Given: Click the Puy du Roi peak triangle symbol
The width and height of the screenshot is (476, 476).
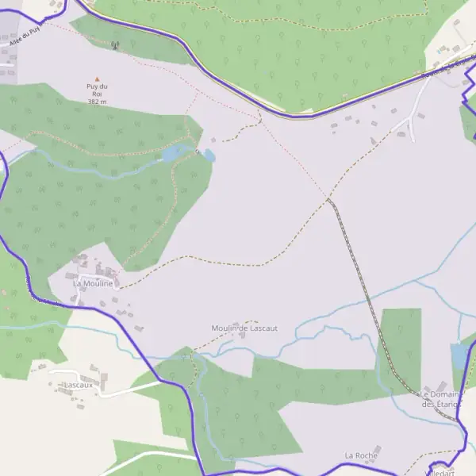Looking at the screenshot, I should tap(98, 79).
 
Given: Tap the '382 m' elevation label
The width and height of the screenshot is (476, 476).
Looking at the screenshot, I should tap(97, 102).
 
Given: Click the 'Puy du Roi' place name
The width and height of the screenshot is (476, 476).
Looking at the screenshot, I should tap(97, 90).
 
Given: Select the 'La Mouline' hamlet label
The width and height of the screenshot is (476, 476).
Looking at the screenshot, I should tap(93, 282).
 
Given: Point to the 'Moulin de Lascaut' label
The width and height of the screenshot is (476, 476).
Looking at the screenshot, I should tap(244, 328).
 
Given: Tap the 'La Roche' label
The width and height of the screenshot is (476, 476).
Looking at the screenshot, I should tap(360, 455).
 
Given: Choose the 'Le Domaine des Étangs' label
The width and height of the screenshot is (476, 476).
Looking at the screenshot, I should tap(440, 399).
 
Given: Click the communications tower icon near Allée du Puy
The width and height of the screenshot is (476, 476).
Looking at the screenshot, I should tap(116, 45).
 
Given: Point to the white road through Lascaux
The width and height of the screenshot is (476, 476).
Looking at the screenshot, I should tap(119, 391).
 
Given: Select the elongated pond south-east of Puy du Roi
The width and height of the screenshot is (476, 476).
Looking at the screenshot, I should tap(175, 153).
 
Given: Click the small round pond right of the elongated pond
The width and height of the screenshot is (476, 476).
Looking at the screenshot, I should tap(209, 155).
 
